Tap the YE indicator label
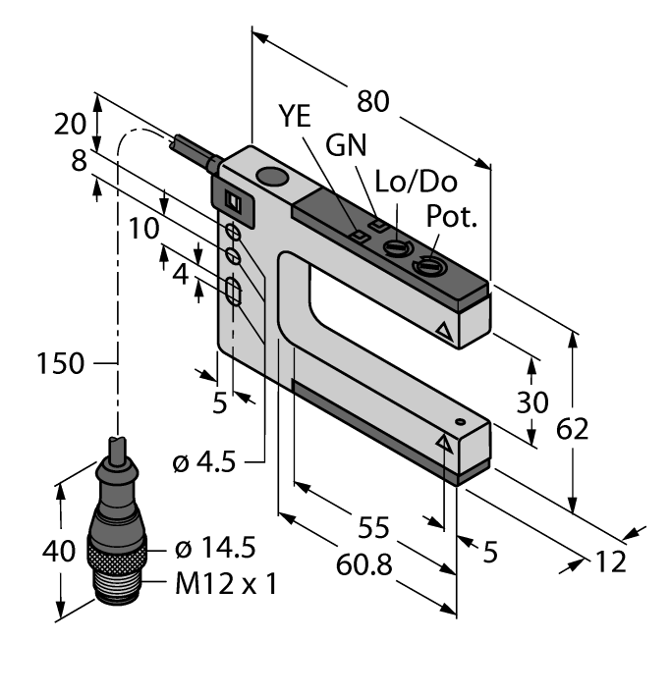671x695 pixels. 294,116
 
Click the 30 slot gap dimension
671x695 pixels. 531,403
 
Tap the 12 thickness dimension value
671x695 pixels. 608,561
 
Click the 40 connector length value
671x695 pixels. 58,551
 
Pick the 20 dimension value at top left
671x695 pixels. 68,125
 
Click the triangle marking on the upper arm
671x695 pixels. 444,333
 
